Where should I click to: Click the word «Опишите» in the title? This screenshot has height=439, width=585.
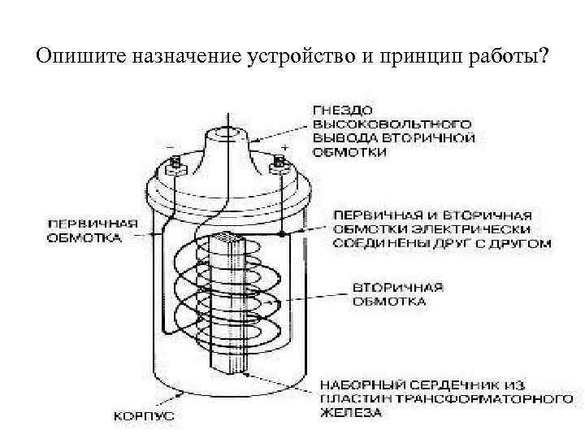tap(78, 58)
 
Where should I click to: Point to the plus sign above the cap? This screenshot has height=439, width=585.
tap(285, 147)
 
